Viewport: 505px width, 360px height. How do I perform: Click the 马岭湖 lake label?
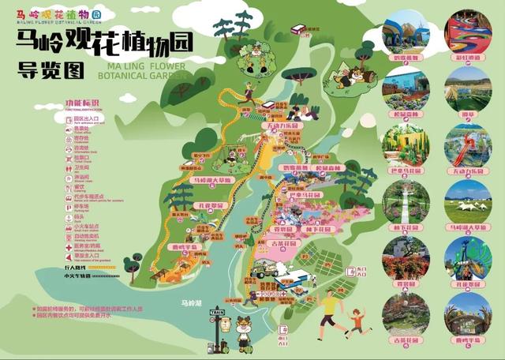(x=191, y=302)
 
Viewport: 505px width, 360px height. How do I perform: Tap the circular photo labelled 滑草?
(x=467, y=88)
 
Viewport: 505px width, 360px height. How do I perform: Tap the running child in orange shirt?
(x=357, y=320)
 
